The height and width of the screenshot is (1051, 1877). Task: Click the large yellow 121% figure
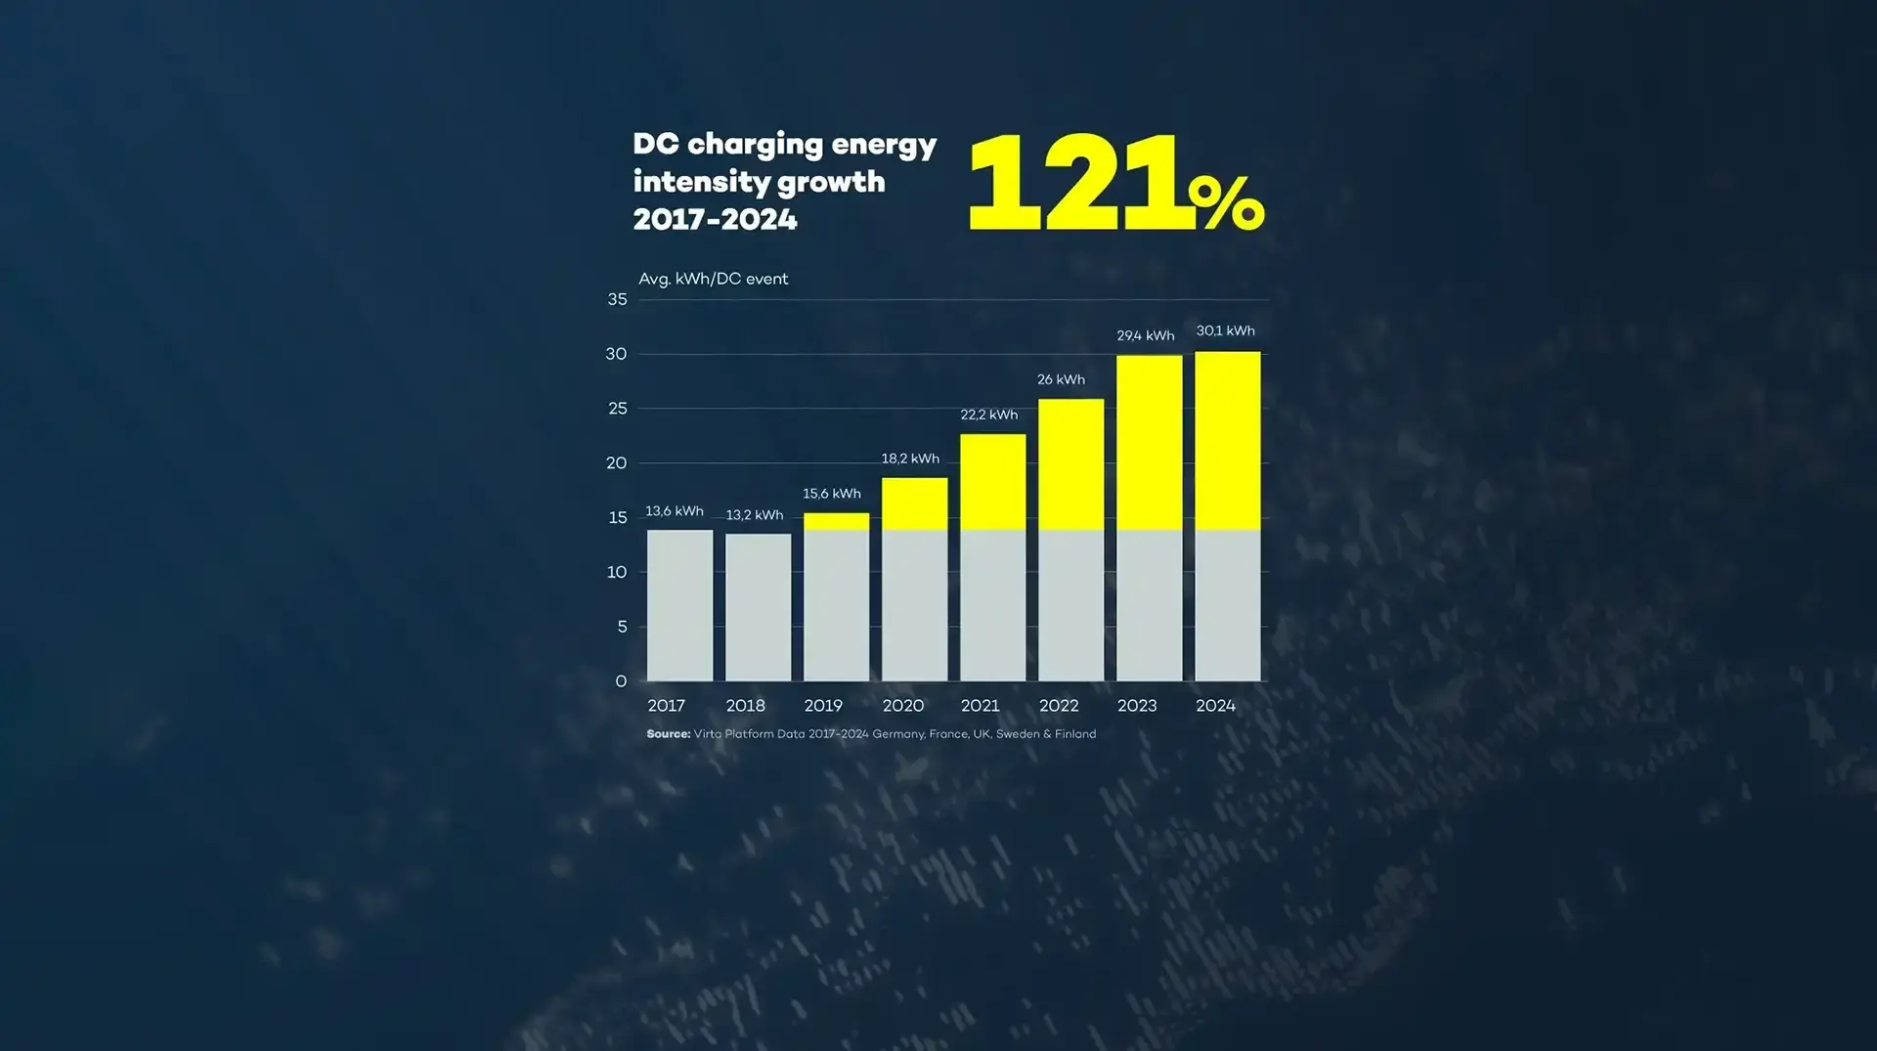(x=1114, y=184)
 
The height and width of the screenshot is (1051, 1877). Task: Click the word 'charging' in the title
(x=755, y=146)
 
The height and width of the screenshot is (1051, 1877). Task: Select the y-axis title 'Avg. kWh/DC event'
(x=713, y=279)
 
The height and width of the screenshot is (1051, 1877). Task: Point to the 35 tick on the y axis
(x=617, y=299)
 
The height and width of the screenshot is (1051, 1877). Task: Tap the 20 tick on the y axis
(x=616, y=462)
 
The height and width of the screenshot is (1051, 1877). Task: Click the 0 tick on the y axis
(x=621, y=681)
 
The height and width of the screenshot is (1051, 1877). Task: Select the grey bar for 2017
(x=679, y=605)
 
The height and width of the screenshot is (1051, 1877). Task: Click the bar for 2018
(x=758, y=607)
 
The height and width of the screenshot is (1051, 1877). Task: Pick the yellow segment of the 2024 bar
(x=1227, y=441)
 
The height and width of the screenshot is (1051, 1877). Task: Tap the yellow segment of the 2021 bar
(x=992, y=482)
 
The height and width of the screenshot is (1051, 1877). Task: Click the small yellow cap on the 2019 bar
(x=836, y=521)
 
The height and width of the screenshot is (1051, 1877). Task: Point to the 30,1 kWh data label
(x=1225, y=330)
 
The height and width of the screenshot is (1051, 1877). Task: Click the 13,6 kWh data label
(x=675, y=511)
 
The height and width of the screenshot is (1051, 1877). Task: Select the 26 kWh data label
(x=1061, y=379)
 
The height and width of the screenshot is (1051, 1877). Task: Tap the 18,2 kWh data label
(x=910, y=459)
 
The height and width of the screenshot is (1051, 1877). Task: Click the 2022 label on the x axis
(x=1059, y=706)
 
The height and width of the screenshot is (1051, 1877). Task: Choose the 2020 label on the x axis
(x=902, y=706)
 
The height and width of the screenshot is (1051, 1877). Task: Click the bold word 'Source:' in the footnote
(x=669, y=734)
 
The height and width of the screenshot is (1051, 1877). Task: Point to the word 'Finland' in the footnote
(x=1075, y=734)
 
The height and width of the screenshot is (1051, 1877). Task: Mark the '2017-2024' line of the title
(x=715, y=220)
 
